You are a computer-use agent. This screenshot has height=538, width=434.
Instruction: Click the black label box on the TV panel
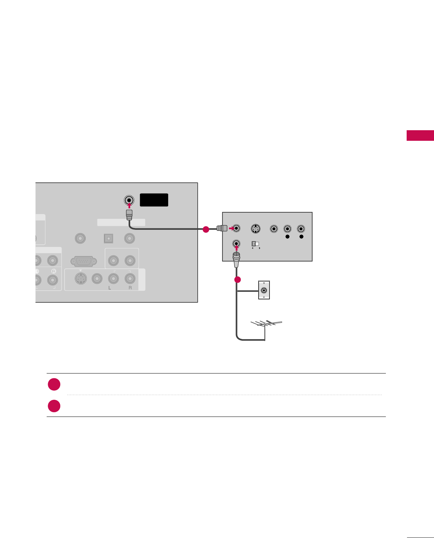click(154, 200)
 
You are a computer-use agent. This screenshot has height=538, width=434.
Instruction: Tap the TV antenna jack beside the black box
click(129, 200)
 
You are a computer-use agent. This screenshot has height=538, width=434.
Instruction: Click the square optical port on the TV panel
click(108, 239)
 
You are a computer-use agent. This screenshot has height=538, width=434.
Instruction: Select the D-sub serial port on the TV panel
click(84, 261)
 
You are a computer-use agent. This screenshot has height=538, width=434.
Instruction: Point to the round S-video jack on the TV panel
click(80, 279)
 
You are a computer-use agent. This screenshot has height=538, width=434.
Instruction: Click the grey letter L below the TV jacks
click(109, 288)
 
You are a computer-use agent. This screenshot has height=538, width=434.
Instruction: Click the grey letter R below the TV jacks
click(130, 288)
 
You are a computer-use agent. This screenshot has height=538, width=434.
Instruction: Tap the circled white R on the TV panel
click(54, 271)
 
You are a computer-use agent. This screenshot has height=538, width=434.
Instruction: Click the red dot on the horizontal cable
click(206, 229)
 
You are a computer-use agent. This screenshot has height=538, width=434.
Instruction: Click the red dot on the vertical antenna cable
click(237, 280)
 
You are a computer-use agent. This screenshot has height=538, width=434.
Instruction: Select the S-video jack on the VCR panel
click(256, 229)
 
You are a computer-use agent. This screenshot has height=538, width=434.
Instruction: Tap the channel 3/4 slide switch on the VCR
click(255, 244)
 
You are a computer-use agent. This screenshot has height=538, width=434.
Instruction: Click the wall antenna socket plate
click(264, 290)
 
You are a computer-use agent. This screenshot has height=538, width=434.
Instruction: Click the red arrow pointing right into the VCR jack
click(231, 229)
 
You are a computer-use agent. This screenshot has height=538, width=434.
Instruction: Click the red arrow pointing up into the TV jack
click(129, 205)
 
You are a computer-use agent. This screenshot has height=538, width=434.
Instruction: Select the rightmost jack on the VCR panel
click(301, 229)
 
